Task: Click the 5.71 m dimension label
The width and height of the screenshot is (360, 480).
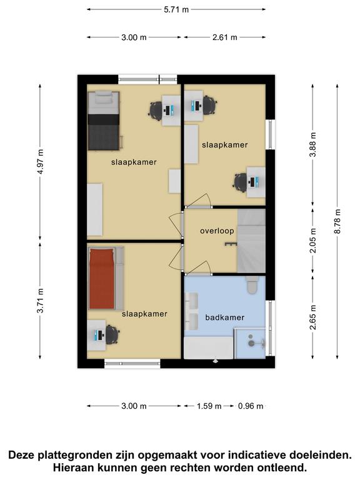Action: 176,9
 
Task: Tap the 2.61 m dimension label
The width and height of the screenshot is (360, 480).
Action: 225,37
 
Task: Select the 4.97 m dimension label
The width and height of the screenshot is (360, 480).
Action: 40,161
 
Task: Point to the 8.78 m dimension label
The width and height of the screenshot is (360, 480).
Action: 337,221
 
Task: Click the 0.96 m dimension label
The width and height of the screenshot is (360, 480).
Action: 251,406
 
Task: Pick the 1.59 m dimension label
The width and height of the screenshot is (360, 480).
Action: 209,406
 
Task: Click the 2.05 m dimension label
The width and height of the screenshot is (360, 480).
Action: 312,241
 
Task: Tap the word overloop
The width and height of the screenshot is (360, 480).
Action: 217,231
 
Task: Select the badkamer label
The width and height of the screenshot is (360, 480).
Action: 225,317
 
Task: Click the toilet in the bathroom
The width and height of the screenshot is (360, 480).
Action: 252,285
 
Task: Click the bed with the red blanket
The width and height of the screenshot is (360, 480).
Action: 106,279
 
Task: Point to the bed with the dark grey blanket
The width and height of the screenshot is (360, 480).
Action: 104,121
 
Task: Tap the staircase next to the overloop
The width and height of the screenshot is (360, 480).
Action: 251,241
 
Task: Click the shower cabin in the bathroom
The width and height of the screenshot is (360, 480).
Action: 250,343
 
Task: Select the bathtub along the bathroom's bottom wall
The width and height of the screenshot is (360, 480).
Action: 209,347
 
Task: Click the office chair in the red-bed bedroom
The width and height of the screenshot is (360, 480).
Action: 112,334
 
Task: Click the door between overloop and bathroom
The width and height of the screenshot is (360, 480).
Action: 198,269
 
